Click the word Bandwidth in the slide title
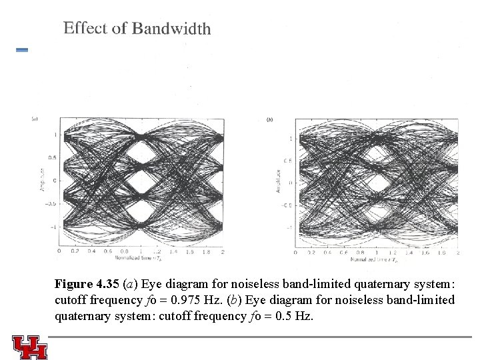point(171,28)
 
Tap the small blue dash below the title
point(21,50)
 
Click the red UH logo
point(29,345)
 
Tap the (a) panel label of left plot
point(35,119)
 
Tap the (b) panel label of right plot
point(269,119)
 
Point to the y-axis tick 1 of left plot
point(55,135)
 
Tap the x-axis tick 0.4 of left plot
point(91,251)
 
